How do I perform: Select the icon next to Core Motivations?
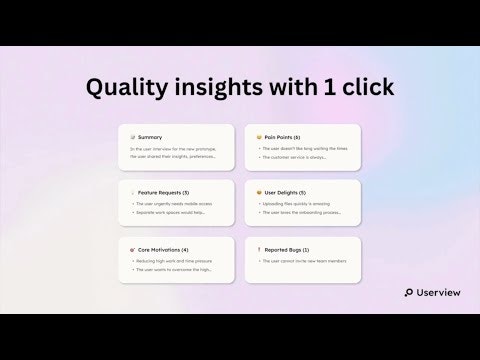click(134, 245)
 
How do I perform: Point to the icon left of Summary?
click(134, 137)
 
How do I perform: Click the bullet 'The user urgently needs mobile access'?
click(177, 203)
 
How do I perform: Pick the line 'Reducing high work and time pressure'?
click(178, 258)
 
